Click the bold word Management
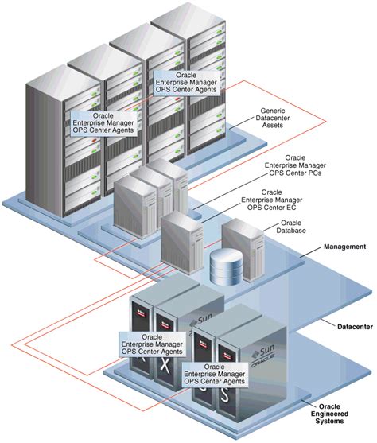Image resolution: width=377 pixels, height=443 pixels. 344,247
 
